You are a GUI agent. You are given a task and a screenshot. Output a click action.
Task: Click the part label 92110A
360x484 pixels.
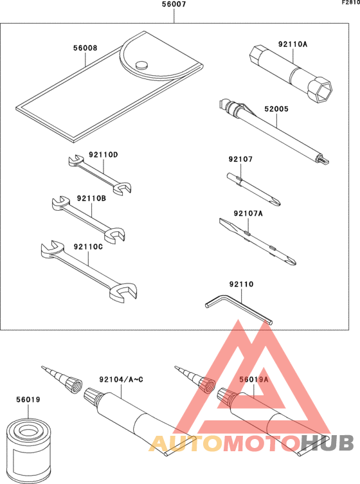coord(292,44)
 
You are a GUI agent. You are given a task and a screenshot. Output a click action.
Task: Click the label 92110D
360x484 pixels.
coord(104,154)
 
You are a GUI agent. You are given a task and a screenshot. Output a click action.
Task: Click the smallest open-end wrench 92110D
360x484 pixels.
coord(99,174)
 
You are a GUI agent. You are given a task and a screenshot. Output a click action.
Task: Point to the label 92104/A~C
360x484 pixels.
coord(120,379)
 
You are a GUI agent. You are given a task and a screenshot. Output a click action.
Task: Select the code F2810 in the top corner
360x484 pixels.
coord(350,3)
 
